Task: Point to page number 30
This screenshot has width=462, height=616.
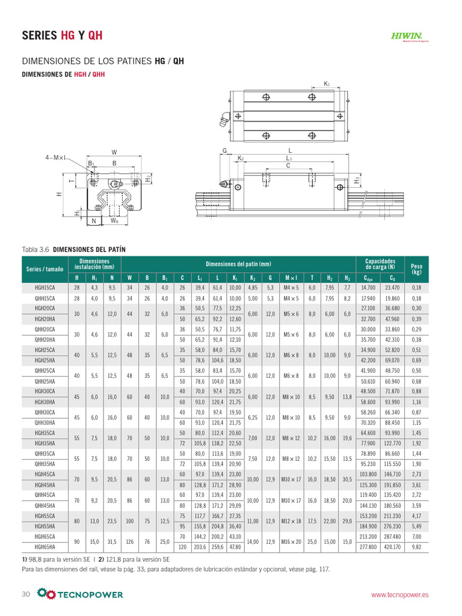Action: tap(26, 594)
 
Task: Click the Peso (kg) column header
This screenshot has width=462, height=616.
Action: tap(416, 268)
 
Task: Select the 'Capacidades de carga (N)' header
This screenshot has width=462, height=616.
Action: tap(380, 264)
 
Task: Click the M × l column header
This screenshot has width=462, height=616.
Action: tap(291, 277)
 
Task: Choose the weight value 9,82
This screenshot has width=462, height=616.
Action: tap(416, 547)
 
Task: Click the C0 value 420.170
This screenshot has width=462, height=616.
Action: tap(392, 547)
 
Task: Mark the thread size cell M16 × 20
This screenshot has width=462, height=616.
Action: tap(291, 542)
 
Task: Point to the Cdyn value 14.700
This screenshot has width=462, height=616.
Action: tap(368, 288)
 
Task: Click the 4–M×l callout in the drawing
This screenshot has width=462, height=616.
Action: tap(56, 158)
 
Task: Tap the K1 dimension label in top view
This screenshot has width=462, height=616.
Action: tap(327, 84)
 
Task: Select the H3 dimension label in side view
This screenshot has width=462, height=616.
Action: tap(357, 179)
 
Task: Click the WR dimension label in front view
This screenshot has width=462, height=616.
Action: tap(114, 221)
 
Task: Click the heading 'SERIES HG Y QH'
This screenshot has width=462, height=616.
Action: tap(62, 35)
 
